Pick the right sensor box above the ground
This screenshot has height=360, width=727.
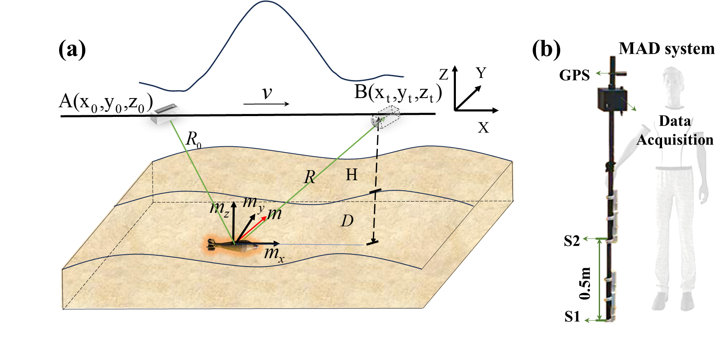pos(385,117)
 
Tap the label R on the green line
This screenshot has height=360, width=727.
pos(309,177)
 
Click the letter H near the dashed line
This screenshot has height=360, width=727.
pos(352,175)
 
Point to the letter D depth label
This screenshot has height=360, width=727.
pos(347,220)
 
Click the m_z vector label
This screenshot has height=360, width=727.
pos(219,208)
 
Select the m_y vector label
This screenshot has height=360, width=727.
pos(252,203)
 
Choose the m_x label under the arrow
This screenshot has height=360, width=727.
pos(274,254)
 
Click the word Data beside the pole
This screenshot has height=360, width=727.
pos(675,121)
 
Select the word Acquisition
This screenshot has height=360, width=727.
pos(674,140)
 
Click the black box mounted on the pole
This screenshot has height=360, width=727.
pos(611,99)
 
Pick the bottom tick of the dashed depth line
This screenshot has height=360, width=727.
pos(372,243)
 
